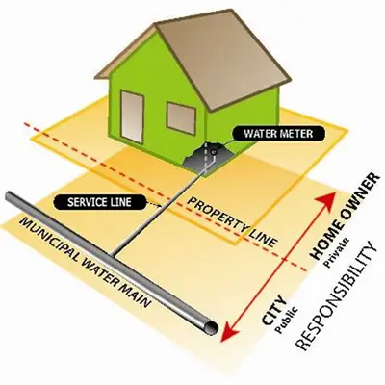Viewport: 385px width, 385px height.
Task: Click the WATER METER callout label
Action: (x=278, y=133)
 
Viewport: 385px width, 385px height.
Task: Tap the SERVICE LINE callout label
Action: (x=99, y=202)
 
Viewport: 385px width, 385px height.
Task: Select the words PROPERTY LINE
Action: (x=231, y=222)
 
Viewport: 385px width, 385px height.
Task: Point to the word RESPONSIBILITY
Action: (x=335, y=295)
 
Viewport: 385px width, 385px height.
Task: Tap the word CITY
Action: (x=273, y=309)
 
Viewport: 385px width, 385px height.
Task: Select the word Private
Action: (x=337, y=253)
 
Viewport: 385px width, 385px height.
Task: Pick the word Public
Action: (x=288, y=321)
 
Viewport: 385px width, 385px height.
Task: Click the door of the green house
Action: (x=132, y=116)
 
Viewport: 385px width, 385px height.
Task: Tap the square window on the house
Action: (x=181, y=118)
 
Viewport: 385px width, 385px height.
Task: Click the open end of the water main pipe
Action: (x=211, y=327)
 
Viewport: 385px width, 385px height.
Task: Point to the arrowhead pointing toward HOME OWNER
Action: (x=326, y=200)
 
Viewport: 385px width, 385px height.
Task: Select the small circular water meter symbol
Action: (x=214, y=151)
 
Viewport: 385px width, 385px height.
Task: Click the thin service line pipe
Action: (x=160, y=212)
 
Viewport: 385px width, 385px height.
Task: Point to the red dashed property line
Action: (x=166, y=196)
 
